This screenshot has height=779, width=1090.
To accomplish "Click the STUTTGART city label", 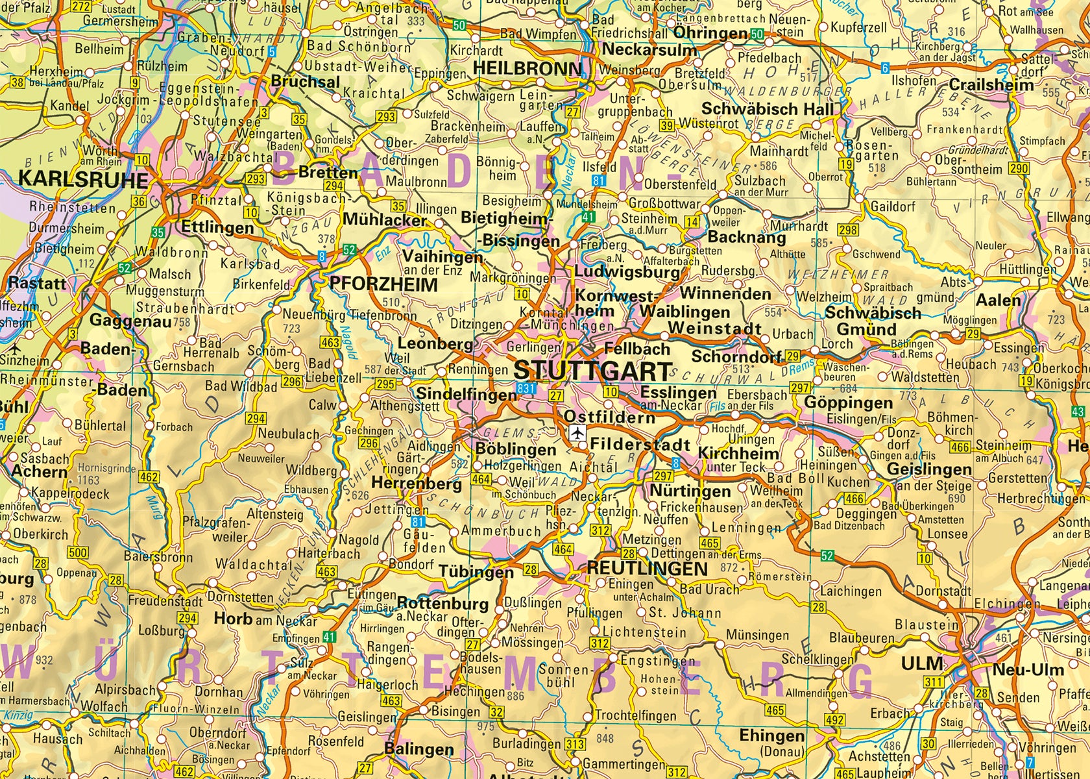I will point(592,371).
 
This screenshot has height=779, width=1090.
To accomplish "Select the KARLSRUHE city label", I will point(83,179).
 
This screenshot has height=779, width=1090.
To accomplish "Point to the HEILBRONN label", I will point(527,69).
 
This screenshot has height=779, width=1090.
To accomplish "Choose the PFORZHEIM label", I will point(383,284).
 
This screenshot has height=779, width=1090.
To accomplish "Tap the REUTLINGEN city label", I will point(647,568).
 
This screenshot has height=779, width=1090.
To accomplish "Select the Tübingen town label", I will point(476,572).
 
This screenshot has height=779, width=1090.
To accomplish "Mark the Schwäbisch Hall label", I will point(766,108).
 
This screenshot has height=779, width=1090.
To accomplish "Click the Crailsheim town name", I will point(991,85).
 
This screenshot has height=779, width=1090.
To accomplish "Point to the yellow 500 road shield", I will point(78,553).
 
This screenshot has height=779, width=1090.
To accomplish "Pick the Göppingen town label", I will point(848,402).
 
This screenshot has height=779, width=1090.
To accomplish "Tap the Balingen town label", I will point(418,748).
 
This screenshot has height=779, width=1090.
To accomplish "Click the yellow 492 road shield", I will point(835,720).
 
